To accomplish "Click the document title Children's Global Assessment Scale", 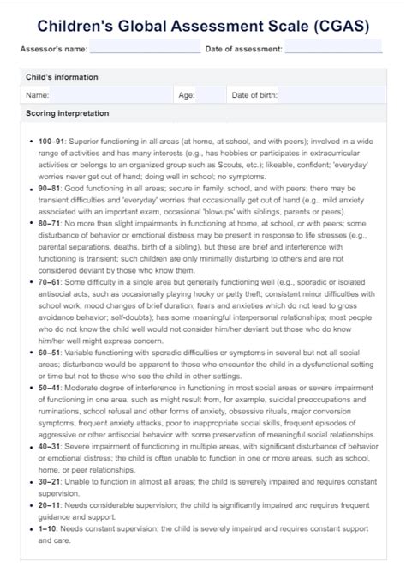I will tap(202, 26).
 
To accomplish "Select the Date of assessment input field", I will tap(333, 49).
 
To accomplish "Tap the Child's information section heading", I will tap(62, 77).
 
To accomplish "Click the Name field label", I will tap(37, 95).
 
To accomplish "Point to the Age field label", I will tap(187, 95).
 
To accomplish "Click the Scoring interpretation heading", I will tap(67, 113).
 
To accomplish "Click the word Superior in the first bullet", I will tap(86, 140).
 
